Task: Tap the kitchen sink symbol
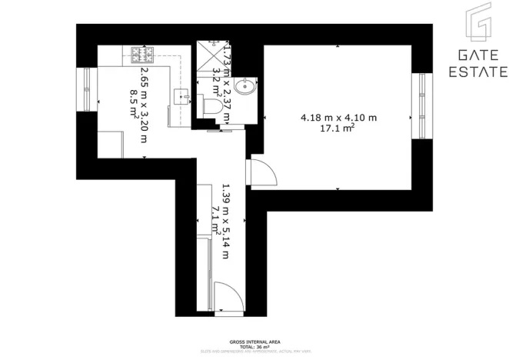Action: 181,97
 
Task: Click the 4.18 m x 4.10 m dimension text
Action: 338,118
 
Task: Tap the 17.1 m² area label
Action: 338,130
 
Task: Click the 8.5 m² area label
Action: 132,104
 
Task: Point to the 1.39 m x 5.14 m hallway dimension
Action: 225,221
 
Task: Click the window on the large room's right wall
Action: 421,106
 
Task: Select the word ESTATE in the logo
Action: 477,72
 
